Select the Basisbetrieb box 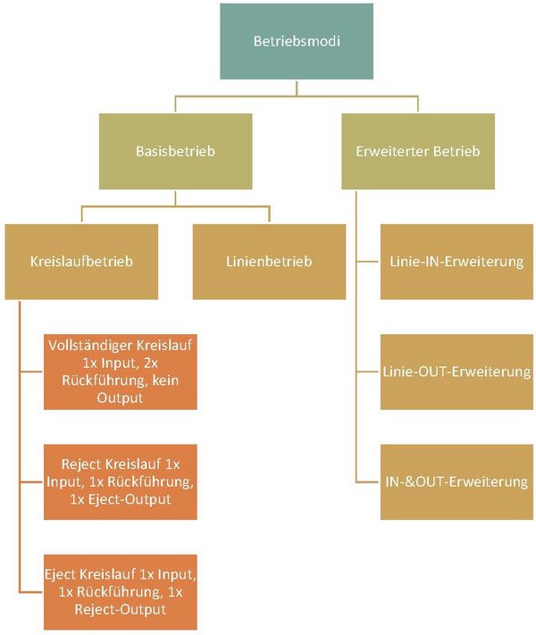[x=175, y=151]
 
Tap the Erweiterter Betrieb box [x=417, y=151]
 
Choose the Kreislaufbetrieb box [x=82, y=262]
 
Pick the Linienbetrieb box [x=269, y=262]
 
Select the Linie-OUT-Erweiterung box [x=456, y=372]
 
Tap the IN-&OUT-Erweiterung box [x=456, y=481]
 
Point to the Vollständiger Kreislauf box [x=121, y=372]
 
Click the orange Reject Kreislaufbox [x=121, y=481]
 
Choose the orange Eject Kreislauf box [x=121, y=591]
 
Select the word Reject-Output [x=121, y=609]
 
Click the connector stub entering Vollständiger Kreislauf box [x=30, y=372]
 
